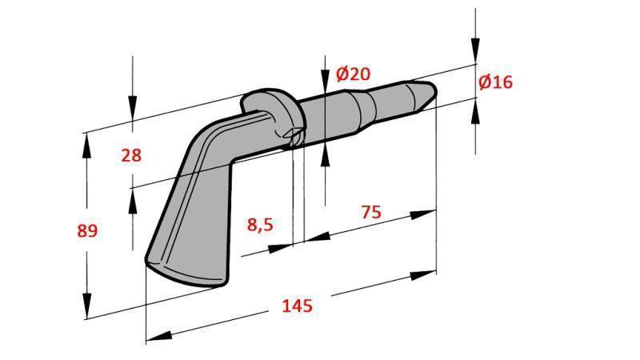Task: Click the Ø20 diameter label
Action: [x=353, y=74]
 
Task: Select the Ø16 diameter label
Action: [x=495, y=82]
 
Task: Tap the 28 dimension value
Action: [x=131, y=155]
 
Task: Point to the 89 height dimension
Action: [x=87, y=231]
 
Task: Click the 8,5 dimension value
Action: [x=260, y=225]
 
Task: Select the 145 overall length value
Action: [x=297, y=306]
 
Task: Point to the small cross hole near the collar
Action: [x=293, y=136]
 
